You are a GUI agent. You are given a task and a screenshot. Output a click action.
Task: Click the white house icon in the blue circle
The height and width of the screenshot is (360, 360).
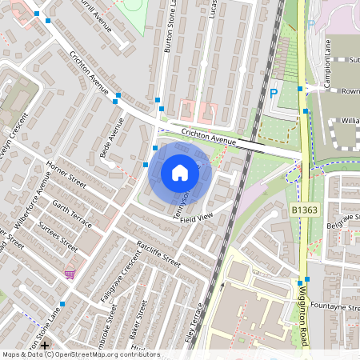[180, 173]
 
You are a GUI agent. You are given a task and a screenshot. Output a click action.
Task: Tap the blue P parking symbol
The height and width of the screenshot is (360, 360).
[274, 94]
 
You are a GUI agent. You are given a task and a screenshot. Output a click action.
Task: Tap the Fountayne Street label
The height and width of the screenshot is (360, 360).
[334, 306]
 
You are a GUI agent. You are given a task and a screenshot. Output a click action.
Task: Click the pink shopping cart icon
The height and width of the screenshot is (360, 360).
[70, 273]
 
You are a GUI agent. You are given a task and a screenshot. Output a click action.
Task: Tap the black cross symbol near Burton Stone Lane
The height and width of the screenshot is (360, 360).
[45, 346]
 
